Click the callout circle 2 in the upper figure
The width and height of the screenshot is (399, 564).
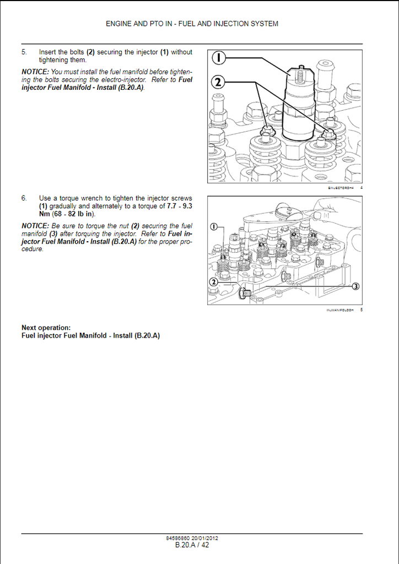(219, 82)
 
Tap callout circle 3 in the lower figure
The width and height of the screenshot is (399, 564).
(355, 286)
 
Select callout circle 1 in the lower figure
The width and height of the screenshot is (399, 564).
(214, 226)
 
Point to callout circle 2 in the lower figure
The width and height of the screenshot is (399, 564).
(214, 282)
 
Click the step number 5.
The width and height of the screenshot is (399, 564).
(24, 52)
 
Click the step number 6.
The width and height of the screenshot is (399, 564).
(24, 198)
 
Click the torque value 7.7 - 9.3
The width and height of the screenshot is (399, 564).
(180, 206)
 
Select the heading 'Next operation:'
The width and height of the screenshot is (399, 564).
(46, 328)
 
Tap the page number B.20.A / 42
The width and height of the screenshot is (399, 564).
(192, 545)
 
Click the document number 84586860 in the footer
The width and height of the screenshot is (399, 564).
(177, 538)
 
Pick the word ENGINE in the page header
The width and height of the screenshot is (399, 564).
(119, 24)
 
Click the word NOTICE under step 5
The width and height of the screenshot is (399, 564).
(35, 72)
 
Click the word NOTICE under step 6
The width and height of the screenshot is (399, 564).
(35, 226)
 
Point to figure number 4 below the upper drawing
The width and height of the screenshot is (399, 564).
(361, 188)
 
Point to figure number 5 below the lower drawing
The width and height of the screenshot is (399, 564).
(361, 310)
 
